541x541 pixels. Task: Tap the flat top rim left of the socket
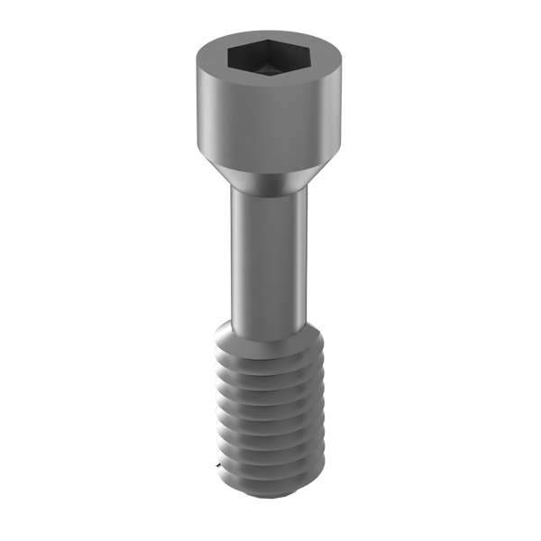coord(211,60)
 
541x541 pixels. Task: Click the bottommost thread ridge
coord(267,478)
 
